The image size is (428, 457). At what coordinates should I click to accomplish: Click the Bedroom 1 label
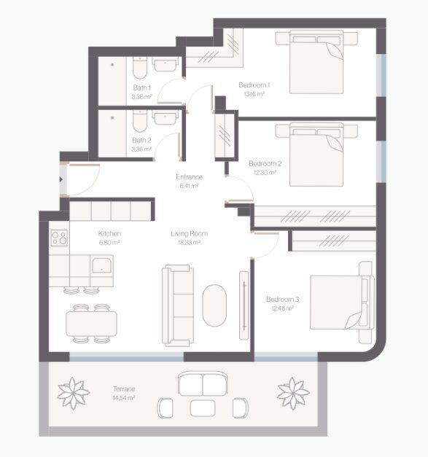click(254, 85)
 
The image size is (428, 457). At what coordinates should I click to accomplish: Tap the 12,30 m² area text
click(265, 173)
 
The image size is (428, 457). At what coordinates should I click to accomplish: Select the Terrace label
click(124, 388)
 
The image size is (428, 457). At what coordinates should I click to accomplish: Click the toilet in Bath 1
click(140, 68)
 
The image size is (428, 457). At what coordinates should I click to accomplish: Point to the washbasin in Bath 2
click(166, 117)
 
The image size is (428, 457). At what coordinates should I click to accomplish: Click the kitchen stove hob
click(59, 238)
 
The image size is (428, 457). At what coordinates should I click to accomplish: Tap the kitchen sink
click(102, 265)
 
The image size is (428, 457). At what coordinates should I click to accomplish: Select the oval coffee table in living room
click(214, 305)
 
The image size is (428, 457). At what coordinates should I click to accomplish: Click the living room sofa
click(178, 305)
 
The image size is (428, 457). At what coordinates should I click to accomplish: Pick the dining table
click(92, 324)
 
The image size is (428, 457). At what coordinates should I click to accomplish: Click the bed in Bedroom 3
click(342, 302)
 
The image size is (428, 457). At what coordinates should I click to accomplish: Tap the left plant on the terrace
click(73, 393)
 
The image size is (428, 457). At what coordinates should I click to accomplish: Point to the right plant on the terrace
click(293, 393)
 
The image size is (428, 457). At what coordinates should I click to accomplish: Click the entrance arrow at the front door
click(61, 179)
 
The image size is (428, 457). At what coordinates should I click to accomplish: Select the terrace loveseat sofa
click(203, 383)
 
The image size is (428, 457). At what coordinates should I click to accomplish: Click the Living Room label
click(190, 233)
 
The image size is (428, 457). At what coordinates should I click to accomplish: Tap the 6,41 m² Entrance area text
click(190, 186)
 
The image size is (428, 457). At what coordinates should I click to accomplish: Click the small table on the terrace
click(203, 408)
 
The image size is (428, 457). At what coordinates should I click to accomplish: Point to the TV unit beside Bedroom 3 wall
click(244, 305)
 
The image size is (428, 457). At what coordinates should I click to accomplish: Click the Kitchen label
click(109, 233)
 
